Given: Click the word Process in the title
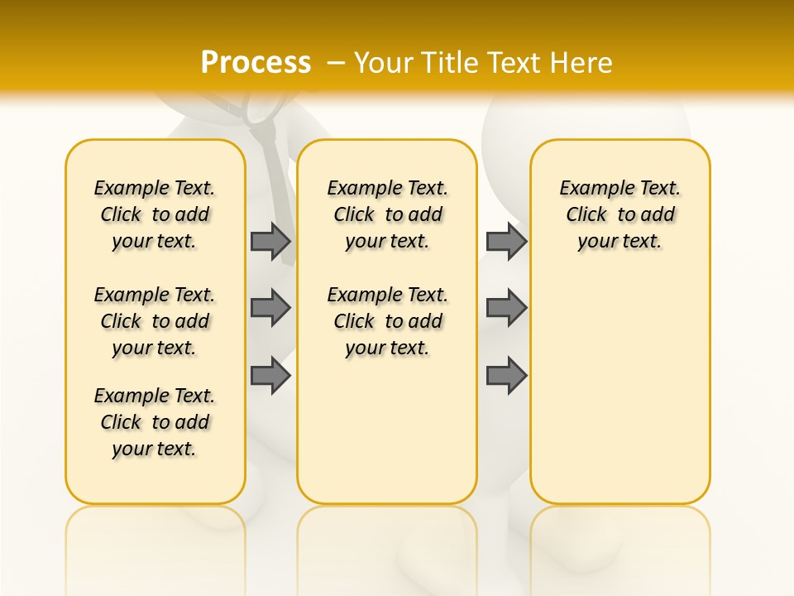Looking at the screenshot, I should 256,62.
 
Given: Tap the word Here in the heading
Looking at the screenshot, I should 581,62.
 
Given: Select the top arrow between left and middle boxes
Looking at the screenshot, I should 270,241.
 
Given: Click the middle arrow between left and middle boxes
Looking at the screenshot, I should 270,308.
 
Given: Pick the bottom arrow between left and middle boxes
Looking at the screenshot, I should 270,376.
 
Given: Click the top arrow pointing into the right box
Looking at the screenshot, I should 506,241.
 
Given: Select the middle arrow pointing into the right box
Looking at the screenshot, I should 506,308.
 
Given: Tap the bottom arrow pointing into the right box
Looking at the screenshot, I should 506,376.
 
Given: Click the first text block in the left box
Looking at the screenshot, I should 155,214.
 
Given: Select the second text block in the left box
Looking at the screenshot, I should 155,321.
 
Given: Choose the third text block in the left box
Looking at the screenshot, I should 155,422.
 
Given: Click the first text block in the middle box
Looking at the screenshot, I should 388,214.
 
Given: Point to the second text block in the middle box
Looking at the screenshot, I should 388,321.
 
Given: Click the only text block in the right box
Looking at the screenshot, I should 620,214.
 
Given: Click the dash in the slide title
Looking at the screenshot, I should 336,63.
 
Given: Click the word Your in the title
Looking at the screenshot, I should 385,62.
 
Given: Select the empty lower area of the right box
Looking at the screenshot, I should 620,389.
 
